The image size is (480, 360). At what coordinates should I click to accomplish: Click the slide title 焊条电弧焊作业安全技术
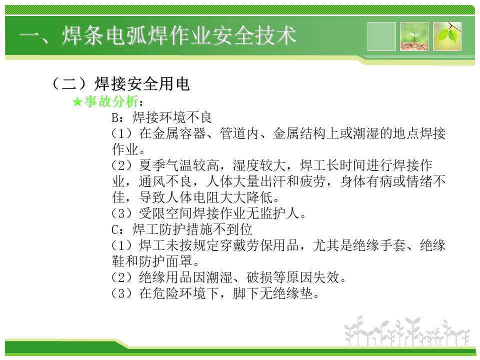click(179, 36)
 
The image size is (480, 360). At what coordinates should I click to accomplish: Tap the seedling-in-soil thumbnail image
click(414, 36)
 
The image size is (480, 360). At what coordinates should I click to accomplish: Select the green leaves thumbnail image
click(447, 36)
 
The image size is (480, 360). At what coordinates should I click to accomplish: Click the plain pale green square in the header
click(381, 36)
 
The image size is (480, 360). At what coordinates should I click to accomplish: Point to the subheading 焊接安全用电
click(142, 83)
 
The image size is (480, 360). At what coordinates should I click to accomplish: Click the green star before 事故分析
click(77, 102)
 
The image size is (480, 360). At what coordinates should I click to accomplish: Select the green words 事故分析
click(111, 101)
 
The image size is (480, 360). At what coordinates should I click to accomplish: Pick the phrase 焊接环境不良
click(172, 117)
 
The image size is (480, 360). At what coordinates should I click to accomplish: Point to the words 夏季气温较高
click(179, 165)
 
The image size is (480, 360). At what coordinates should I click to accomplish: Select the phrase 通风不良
click(165, 181)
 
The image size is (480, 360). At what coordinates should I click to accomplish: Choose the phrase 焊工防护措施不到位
click(192, 229)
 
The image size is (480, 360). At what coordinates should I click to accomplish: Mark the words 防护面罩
click(165, 261)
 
